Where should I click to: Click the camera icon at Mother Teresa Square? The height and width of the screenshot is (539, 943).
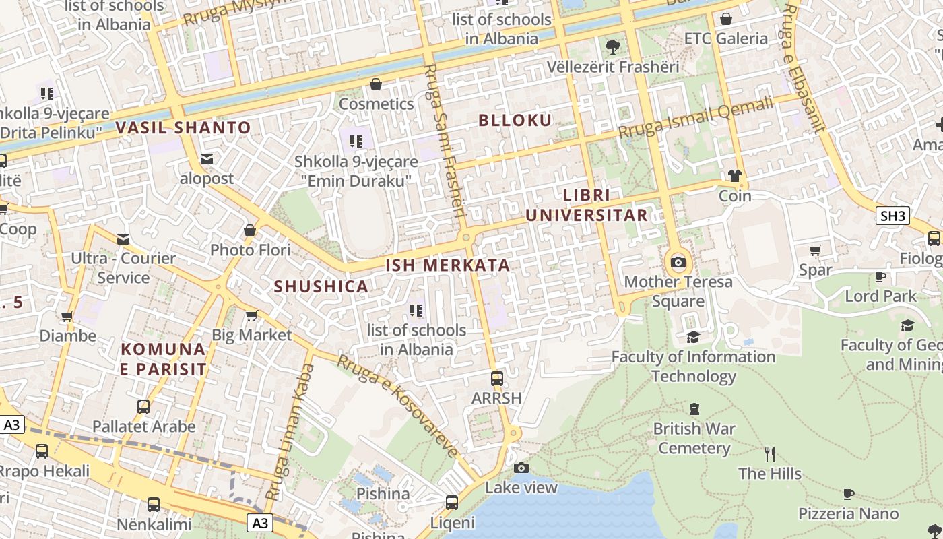pyautogui.click(x=678, y=262)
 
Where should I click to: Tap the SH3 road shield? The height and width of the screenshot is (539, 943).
pyautogui.click(x=893, y=216)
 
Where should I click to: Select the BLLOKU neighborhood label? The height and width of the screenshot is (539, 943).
pyautogui.click(x=515, y=121)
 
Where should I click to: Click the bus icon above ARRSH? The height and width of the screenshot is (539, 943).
pyautogui.click(x=497, y=379)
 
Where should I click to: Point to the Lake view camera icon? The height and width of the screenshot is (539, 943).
pyautogui.click(x=521, y=468)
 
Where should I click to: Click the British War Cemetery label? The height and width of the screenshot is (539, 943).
pyautogui.click(x=694, y=438)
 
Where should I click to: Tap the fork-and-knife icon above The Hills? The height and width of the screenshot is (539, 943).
pyautogui.click(x=770, y=454)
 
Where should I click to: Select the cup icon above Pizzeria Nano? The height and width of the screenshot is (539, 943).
pyautogui.click(x=849, y=495)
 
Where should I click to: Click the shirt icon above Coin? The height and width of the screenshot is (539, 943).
pyautogui.click(x=734, y=177)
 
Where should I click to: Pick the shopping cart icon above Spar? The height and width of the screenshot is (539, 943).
pyautogui.click(x=815, y=251)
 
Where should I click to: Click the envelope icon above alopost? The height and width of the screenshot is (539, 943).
pyautogui.click(x=207, y=159)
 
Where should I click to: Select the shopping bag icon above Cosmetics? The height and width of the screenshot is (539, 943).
pyautogui.click(x=376, y=84)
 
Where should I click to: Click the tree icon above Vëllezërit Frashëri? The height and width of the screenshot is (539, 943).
pyautogui.click(x=612, y=47)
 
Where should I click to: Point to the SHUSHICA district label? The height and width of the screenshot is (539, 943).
pyautogui.click(x=321, y=286)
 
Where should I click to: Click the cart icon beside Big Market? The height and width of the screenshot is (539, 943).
pyautogui.click(x=251, y=315)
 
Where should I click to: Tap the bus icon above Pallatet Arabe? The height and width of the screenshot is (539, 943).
pyautogui.click(x=143, y=407)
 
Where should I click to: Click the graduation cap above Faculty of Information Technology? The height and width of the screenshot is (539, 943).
pyautogui.click(x=693, y=337)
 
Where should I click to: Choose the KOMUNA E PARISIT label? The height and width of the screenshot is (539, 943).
pyautogui.click(x=163, y=358)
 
